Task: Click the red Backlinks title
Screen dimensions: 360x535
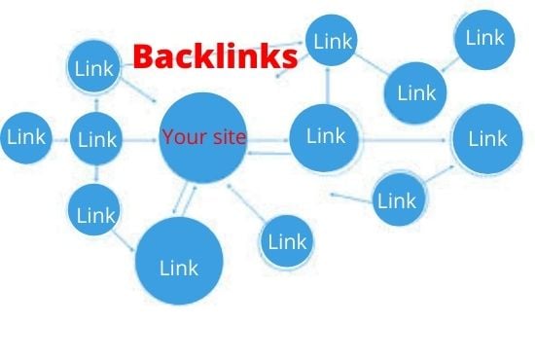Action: tap(214, 57)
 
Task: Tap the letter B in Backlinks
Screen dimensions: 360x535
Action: tap(143, 57)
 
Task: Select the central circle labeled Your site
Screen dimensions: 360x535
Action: tap(203, 138)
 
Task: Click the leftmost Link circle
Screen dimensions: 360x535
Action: tap(26, 138)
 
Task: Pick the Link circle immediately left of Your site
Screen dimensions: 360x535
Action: tap(96, 139)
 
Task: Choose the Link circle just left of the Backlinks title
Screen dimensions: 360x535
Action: tap(95, 69)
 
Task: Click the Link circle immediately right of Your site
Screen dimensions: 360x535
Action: tap(326, 137)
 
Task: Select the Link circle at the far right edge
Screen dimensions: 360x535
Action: tap(487, 138)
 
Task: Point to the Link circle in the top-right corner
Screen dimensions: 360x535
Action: tap(484, 39)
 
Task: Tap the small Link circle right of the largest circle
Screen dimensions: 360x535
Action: tap(286, 240)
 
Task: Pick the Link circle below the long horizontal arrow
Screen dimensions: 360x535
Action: tap(396, 199)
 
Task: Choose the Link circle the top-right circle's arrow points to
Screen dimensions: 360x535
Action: tap(416, 93)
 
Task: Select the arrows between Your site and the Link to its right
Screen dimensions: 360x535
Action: tap(268, 143)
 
